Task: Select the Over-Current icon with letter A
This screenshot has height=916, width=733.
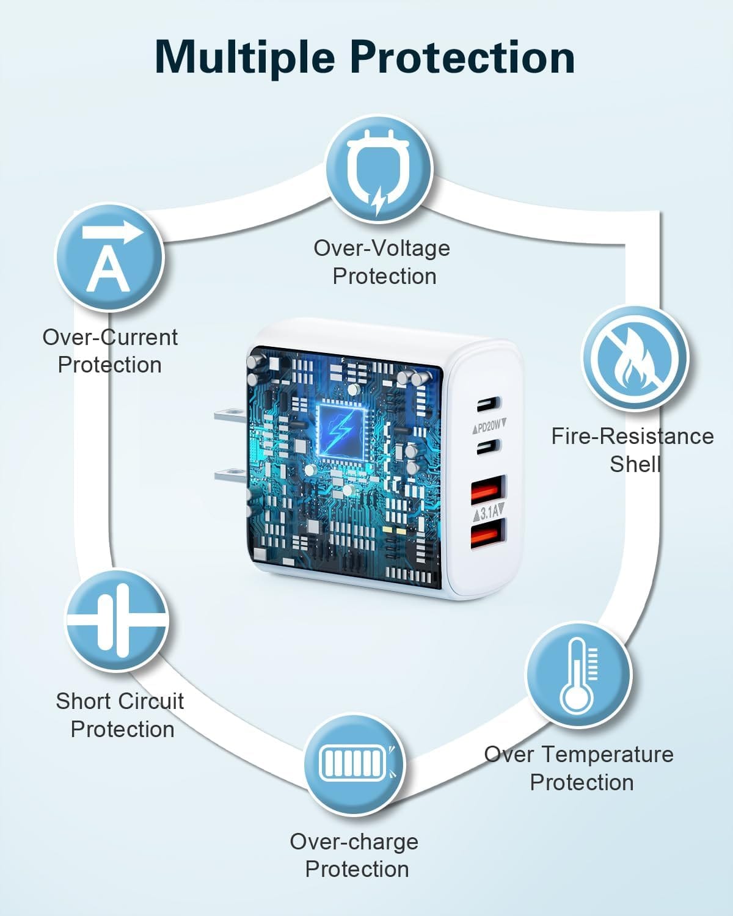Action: pyautogui.click(x=110, y=257)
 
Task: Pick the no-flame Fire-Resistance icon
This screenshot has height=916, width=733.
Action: pyautogui.click(x=635, y=358)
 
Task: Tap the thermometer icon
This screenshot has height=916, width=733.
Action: pyautogui.click(x=578, y=674)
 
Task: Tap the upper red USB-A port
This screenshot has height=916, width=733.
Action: pyautogui.click(x=487, y=489)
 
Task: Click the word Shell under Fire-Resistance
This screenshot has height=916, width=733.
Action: pyautogui.click(x=635, y=464)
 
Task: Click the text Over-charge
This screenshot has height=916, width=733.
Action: pyautogui.click(x=354, y=841)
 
